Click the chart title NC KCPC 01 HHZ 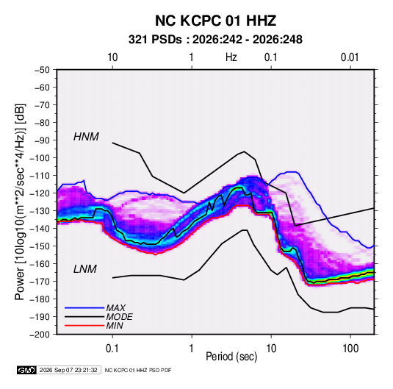pyautogui.click(x=215, y=21)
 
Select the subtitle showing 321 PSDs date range pyautogui.click(x=215, y=40)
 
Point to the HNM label pyautogui.click(x=86, y=137)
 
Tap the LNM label pyautogui.click(x=85, y=269)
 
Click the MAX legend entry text pyautogui.click(x=116, y=307)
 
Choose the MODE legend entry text pyautogui.click(x=119, y=317)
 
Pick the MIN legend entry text pyautogui.click(x=115, y=326)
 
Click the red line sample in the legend pyautogui.click(x=84, y=326)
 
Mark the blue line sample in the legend pyautogui.click(x=84, y=307)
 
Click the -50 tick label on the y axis pyautogui.click(x=42, y=70)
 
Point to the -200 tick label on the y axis pyautogui.click(x=40, y=335)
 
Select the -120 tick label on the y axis pyautogui.click(x=40, y=193)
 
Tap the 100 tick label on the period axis pyautogui.click(x=350, y=349)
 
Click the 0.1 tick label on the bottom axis pyautogui.click(x=112, y=349)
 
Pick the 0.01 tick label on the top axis pyautogui.click(x=350, y=57)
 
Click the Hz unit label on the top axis pyautogui.click(x=231, y=57)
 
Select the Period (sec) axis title pyautogui.click(x=231, y=357)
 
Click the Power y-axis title pyautogui.click(x=20, y=201)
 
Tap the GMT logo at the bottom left pyautogui.click(x=27, y=370)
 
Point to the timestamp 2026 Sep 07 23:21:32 pyautogui.click(x=68, y=370)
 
